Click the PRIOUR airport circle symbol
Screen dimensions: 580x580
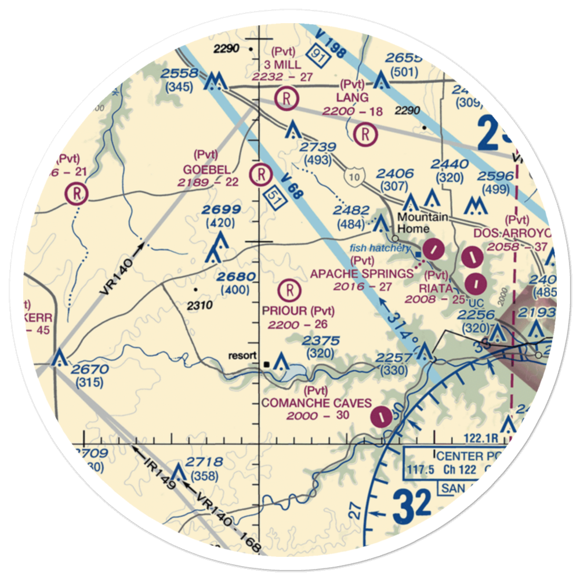(x=289, y=288)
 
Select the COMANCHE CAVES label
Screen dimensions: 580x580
(x=317, y=403)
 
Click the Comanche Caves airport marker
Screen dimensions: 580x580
(x=381, y=416)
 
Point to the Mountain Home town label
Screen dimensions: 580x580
(x=422, y=222)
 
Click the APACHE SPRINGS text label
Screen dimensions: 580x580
(x=362, y=273)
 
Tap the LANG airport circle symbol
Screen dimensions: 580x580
(x=365, y=135)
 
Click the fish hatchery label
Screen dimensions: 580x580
(x=379, y=248)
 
